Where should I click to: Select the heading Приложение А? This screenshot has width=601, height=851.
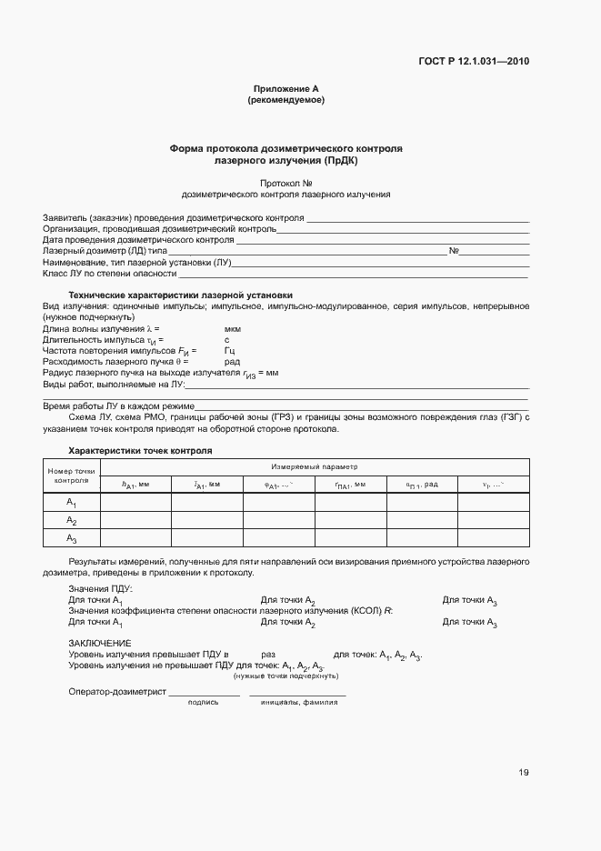click(285, 88)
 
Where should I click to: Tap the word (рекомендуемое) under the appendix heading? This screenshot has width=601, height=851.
click(285, 100)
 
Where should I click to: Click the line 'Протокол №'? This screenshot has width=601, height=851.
click(285, 182)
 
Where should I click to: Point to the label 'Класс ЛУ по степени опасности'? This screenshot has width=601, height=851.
click(109, 273)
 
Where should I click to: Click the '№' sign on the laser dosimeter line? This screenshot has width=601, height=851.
click(454, 250)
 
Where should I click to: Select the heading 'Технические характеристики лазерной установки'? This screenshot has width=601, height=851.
click(182, 295)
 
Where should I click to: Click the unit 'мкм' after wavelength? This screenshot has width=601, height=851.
click(232, 328)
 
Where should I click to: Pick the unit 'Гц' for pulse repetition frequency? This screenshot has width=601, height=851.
click(230, 350)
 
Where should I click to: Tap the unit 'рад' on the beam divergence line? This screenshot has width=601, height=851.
click(232, 361)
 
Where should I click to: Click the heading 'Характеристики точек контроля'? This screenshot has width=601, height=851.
click(141, 450)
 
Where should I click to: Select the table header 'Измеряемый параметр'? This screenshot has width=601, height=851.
click(315, 466)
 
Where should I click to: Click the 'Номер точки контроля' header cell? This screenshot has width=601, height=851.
click(71, 476)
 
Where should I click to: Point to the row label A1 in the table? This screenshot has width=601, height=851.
click(72, 503)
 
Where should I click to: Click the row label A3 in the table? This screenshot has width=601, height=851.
click(72, 539)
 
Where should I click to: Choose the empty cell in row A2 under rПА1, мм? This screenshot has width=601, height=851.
click(350, 521)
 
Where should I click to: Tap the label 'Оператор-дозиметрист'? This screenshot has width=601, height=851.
click(117, 692)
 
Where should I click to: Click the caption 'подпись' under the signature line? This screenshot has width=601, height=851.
click(202, 702)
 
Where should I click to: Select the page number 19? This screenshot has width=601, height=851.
click(524, 773)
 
